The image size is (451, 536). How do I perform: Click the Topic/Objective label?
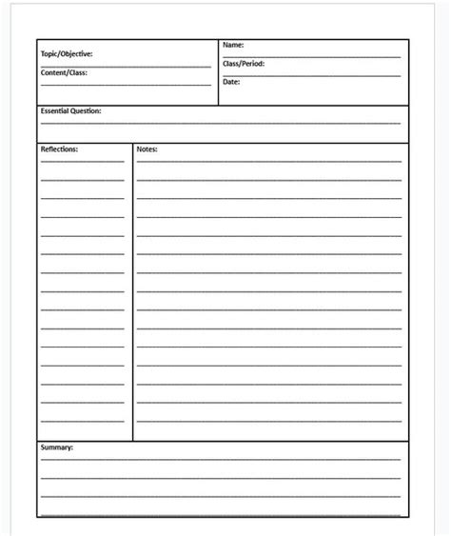[67, 55]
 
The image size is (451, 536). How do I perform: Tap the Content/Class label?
[64, 72]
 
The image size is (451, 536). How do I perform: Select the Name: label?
[233, 45]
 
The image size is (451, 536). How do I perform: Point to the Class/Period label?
[244, 64]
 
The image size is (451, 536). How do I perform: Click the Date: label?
[231, 82]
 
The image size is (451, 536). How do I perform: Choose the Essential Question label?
[70, 111]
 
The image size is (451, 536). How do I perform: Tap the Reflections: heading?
[59, 149]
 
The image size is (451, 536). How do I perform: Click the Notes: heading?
[147, 149]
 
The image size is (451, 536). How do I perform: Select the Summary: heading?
[56, 447]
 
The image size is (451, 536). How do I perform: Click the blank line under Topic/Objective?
[126, 67]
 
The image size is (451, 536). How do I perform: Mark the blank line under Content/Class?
[126, 85]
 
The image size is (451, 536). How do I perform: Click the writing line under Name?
[311, 57]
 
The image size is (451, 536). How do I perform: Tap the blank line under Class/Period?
[311, 75]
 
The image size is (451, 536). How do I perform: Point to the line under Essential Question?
[220, 124]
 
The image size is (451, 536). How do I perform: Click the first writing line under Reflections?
[82, 162]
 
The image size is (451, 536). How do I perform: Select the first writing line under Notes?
[268, 162]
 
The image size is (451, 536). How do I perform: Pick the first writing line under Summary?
[220, 459]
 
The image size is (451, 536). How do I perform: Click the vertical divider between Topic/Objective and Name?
[218, 72]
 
